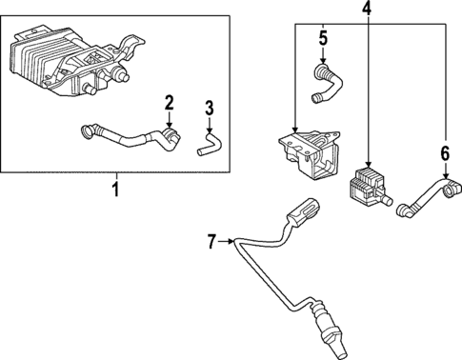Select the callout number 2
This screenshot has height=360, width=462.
169,102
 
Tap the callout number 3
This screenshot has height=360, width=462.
210,111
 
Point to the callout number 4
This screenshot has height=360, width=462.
369,10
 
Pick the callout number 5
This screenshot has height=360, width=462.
323,40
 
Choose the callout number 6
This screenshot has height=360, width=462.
444,151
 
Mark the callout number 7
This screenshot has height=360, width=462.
213,243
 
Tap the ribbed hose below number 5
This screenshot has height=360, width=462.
324,84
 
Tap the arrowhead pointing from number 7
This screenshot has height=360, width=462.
234,243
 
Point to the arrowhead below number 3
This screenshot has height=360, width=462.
210,132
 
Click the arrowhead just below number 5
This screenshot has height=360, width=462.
323,60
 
